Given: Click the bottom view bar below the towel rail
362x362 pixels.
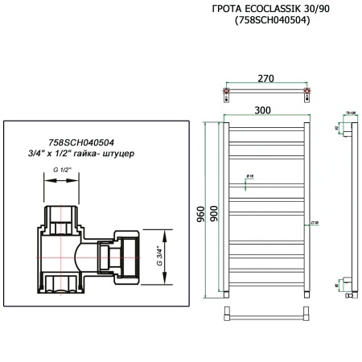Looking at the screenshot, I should (x=266, y=313).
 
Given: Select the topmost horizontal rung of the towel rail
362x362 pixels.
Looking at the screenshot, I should (x=266, y=126).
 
